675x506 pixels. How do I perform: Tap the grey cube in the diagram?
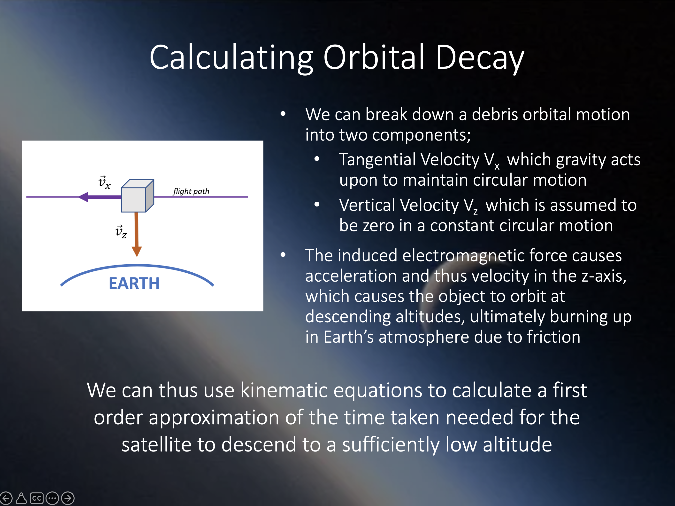click(x=137, y=196)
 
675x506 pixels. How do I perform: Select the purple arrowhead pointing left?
click(x=84, y=197)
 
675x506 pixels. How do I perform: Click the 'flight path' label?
click(x=191, y=191)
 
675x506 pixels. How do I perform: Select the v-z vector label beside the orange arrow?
click(x=121, y=231)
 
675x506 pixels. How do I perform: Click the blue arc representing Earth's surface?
click(x=137, y=266)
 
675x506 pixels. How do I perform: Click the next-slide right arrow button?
click(x=68, y=498)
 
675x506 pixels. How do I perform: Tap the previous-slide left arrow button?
click(x=6, y=498)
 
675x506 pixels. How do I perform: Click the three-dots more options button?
click(x=52, y=498)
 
